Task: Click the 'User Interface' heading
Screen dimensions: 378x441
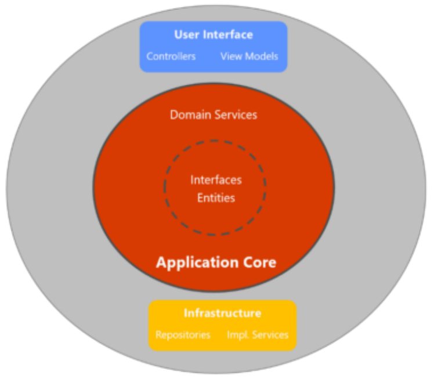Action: click(214, 34)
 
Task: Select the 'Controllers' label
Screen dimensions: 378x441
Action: click(171, 56)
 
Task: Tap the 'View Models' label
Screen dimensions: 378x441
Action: click(249, 56)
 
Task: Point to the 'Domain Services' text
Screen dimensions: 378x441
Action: click(214, 114)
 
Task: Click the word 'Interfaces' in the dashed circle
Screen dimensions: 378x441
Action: click(216, 180)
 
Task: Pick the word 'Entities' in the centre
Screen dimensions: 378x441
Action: click(216, 198)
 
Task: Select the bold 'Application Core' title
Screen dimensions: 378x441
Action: click(216, 262)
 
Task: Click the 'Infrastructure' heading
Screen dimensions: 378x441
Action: click(222, 313)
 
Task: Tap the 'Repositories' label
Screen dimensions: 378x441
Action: click(183, 335)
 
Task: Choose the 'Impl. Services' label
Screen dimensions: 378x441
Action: click(258, 335)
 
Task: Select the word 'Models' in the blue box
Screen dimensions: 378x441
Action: click(262, 56)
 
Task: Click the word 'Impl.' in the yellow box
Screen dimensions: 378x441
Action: click(236, 335)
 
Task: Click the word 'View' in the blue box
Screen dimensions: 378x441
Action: click(230, 56)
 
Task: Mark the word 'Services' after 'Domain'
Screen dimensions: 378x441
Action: click(235, 114)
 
